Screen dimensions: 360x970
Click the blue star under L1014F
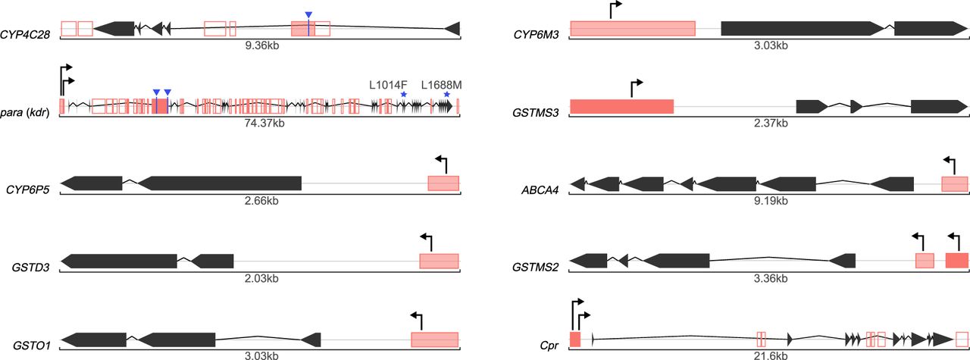(x=404, y=95)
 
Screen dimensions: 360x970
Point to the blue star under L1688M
(x=447, y=95)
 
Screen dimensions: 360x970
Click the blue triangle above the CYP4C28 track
(x=308, y=15)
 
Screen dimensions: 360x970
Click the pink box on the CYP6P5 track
(x=443, y=183)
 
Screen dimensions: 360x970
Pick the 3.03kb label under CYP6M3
(x=770, y=45)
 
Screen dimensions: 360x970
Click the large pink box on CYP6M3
(x=632, y=29)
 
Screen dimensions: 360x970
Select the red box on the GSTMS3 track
(x=621, y=107)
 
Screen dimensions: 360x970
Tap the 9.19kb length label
(x=770, y=201)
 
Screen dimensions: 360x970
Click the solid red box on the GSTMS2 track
(x=957, y=261)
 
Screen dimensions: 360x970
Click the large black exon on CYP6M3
(x=804, y=29)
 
